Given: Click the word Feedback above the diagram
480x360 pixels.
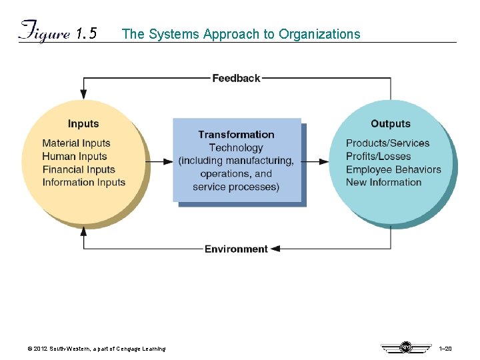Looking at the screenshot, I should [x=236, y=78].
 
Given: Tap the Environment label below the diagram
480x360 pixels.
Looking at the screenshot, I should [x=236, y=249].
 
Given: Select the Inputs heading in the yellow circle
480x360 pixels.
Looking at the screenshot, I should [x=83, y=123].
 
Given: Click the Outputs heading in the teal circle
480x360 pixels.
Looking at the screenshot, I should [x=391, y=123].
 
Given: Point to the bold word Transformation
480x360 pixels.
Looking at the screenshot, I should [x=236, y=135].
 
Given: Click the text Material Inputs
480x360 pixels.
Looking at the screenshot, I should [x=76, y=143].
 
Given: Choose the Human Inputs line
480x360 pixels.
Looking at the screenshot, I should [x=75, y=156].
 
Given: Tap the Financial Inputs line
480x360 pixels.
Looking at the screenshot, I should [x=79, y=169].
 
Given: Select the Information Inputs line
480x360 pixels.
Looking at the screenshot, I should [x=84, y=182].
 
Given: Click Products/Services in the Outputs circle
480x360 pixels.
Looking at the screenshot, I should [x=388, y=143].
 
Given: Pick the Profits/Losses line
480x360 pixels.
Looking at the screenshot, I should [x=379, y=156].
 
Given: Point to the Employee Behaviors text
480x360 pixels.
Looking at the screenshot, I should [x=393, y=169].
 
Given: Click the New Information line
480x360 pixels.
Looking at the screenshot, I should [x=384, y=182].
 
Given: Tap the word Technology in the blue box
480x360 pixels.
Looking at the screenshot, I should [x=236, y=147].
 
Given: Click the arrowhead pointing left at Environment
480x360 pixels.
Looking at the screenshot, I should [x=275, y=249].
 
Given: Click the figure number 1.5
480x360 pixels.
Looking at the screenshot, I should [x=87, y=34].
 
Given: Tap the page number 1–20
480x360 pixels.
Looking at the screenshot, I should [x=445, y=349].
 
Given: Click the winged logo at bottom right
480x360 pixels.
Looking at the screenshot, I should [x=405, y=347].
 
